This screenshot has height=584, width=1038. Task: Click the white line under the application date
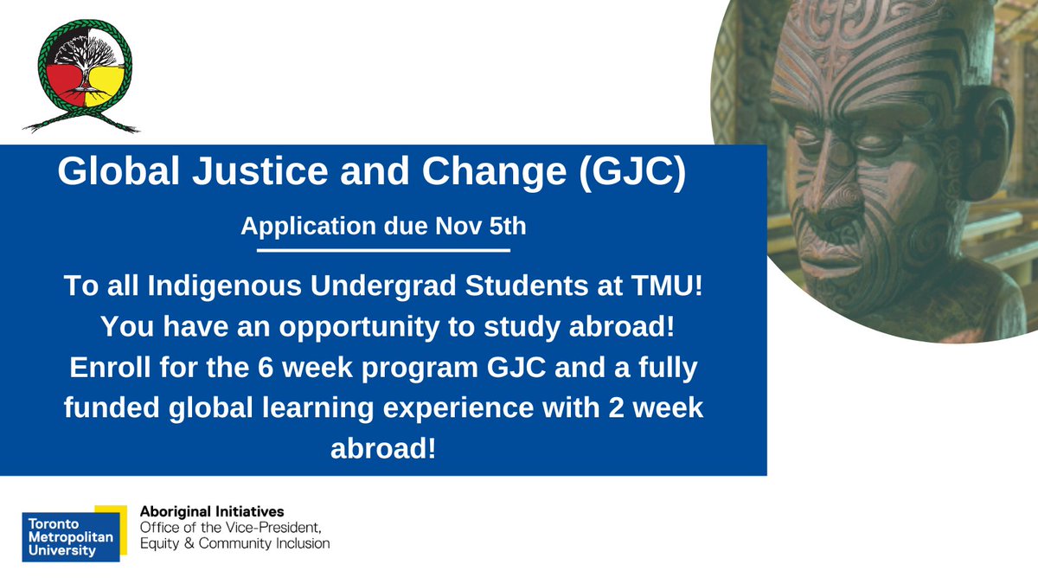click(383, 251)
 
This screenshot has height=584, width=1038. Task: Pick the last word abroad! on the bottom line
click(383, 450)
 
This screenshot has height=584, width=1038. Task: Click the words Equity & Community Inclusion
click(234, 544)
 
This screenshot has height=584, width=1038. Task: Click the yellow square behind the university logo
click(110, 512)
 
